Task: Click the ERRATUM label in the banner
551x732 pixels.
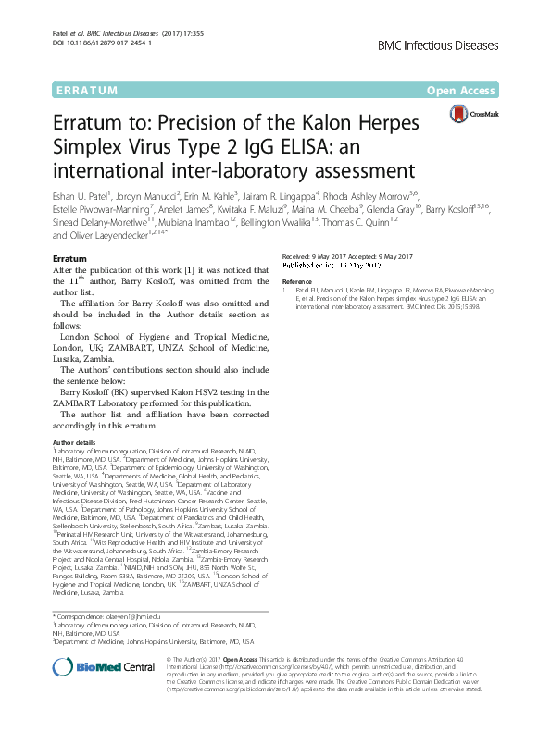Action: [x=84, y=91]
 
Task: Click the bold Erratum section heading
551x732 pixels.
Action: [x=70, y=258]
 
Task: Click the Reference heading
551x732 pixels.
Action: [x=297, y=280]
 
